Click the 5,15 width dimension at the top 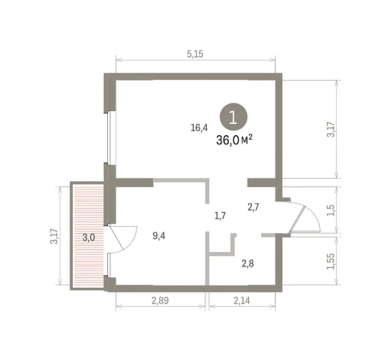pos(195,54)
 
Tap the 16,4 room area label pos(199,128)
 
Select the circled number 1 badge pos(233,117)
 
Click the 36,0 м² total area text pos(234,140)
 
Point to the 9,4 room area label pos(159,236)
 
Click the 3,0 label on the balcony pos(89,238)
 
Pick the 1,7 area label pos(220,216)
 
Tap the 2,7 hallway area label pos(253,207)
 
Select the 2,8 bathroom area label pos(248,263)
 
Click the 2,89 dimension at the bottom pos(160,301)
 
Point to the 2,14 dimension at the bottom pos(242,301)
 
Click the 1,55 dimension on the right pos(331,261)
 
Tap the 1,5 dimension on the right pos(331,211)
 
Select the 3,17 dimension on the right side pos(331,129)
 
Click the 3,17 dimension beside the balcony pos(54,236)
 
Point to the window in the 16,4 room pos(109,137)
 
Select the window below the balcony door pos(109,265)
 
